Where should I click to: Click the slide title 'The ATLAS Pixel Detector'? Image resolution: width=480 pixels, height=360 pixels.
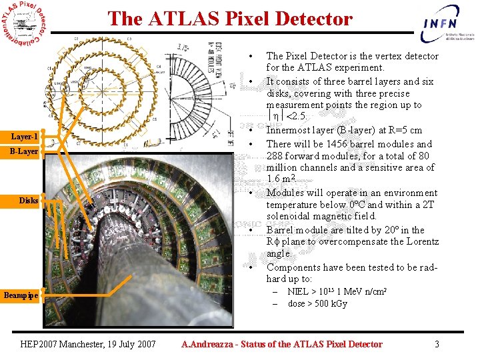(230, 19)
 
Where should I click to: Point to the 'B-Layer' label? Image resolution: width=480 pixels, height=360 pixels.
(24, 151)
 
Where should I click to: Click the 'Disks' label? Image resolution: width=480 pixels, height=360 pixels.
(29, 200)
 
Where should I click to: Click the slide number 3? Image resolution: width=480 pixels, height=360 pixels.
(437, 344)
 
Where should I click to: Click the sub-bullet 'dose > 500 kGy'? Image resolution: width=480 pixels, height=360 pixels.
(317, 303)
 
